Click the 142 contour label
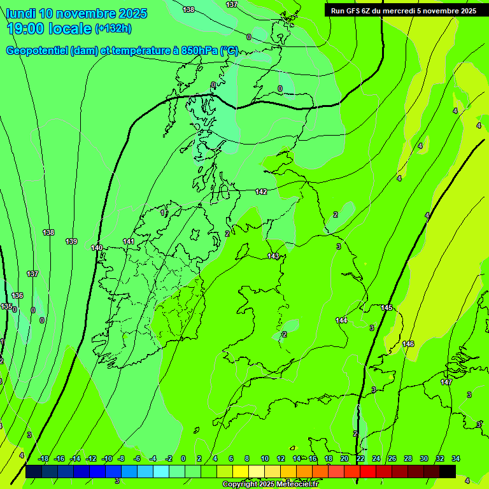[261, 192]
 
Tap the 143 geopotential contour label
[273, 256]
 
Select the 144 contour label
[342, 320]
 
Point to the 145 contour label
[386, 308]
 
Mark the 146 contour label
[408, 344]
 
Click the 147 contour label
[446, 382]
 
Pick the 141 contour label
[129, 241]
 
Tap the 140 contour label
[97, 248]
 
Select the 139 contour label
[71, 241]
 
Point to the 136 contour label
[17, 295]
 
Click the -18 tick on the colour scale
[44, 458]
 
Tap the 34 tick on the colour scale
[456, 458]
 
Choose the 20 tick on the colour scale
[344, 458]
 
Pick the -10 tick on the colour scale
[106, 458]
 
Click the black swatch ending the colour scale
[448, 471]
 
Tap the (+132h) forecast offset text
[113, 29]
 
